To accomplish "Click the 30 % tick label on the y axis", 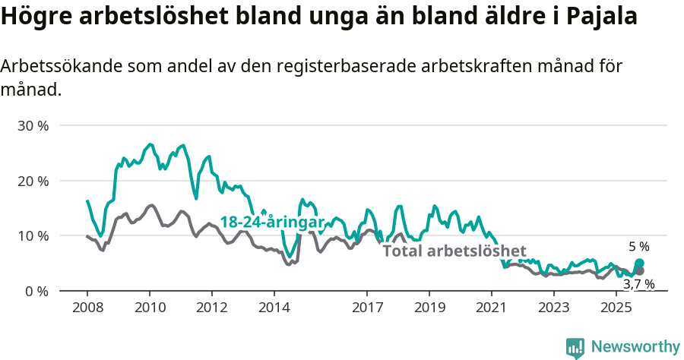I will click(33, 126).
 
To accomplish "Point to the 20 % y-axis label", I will click(33, 182).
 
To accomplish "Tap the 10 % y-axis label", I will click(33, 236).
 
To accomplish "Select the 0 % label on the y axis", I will click(36, 292).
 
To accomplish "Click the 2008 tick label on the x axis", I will click(87, 308).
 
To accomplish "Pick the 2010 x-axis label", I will click(150, 308).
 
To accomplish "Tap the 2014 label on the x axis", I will click(274, 308).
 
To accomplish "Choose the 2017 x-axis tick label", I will click(367, 308).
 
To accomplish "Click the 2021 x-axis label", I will click(492, 308).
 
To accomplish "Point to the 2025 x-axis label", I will click(616, 308).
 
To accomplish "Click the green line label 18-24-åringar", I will click(272, 222).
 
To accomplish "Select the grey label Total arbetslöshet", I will click(454, 251).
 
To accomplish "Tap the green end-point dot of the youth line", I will click(639, 264).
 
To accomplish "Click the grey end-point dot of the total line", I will click(639, 271).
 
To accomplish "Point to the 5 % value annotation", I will click(638, 247).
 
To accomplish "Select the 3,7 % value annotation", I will click(638, 284).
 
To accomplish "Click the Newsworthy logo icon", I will click(575, 347).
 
